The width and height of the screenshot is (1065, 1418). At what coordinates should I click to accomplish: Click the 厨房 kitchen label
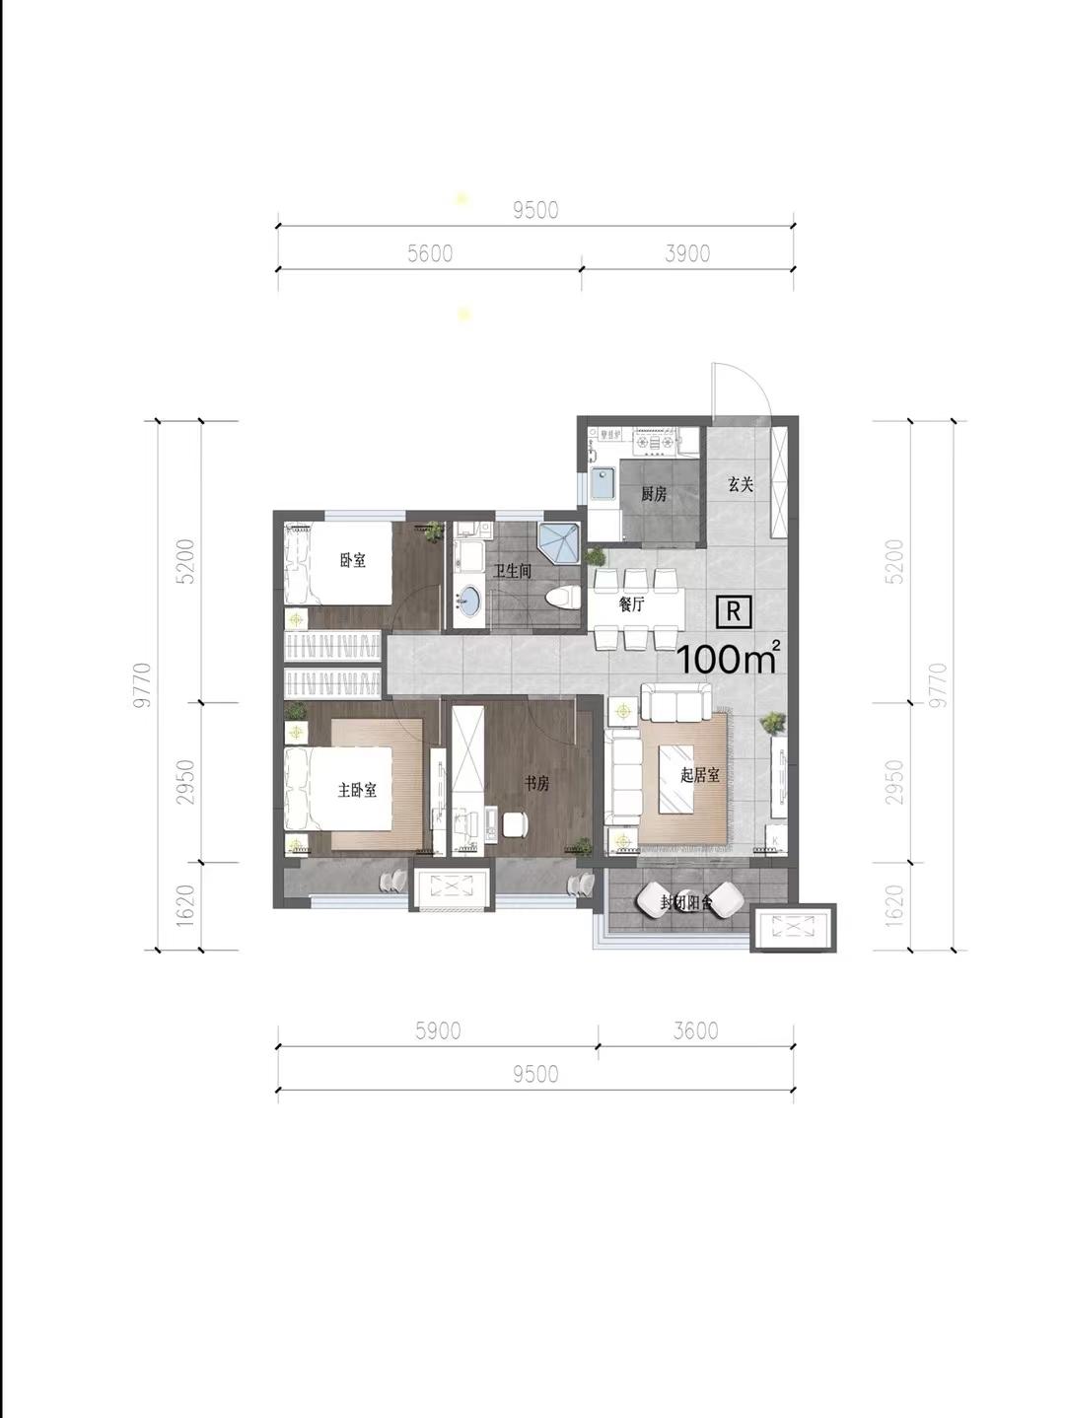(654, 494)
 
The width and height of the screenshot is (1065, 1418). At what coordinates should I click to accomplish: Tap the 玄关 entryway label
(741, 484)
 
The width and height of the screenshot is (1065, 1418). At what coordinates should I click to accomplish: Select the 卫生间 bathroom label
(513, 571)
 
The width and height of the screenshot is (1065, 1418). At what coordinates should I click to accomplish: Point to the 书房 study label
(536, 784)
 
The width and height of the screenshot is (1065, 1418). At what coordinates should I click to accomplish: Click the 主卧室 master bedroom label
(357, 790)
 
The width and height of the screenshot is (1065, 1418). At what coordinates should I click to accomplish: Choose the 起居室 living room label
(700, 774)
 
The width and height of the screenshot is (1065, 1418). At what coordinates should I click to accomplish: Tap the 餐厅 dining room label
(631, 605)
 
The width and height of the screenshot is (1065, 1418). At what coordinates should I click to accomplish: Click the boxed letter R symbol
(734, 611)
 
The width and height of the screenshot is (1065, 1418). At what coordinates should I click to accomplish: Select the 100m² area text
(729, 657)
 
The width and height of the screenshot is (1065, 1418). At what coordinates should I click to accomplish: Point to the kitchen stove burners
(655, 441)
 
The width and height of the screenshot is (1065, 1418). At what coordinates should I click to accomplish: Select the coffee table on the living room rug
(675, 779)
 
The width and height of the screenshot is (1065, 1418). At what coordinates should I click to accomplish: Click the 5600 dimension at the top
(430, 253)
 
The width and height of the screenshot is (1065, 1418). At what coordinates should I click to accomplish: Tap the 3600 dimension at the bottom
(695, 1030)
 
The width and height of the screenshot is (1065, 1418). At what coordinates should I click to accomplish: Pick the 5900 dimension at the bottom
(438, 1030)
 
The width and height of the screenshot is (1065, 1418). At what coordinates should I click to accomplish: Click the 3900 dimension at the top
(688, 253)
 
